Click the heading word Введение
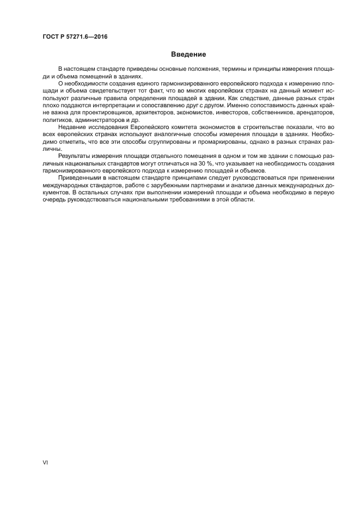click(x=188, y=54)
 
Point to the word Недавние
click(x=70, y=126)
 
